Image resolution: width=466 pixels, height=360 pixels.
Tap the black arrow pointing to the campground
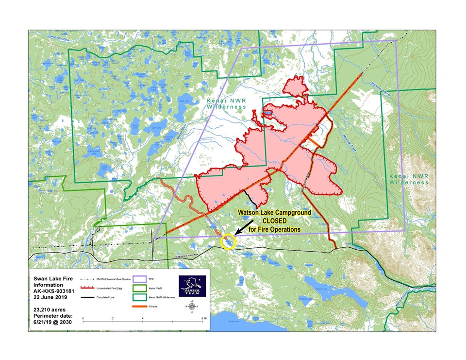point(246,227)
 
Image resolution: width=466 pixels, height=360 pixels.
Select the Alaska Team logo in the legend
point(193,286)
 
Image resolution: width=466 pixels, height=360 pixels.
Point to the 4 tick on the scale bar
point(143,318)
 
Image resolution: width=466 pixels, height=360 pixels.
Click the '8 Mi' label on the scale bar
point(202,318)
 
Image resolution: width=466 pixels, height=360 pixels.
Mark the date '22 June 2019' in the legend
point(50,296)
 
